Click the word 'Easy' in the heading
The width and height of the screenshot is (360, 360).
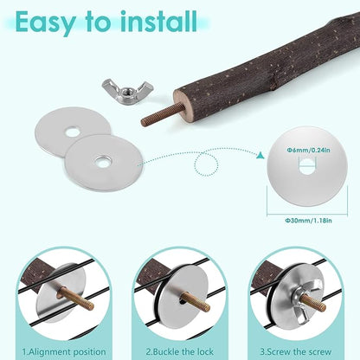tap(46, 22)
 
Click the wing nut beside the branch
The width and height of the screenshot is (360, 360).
tap(127, 91)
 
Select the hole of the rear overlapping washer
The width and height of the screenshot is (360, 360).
tap(72, 132)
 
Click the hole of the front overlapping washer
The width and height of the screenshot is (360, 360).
tap(103, 162)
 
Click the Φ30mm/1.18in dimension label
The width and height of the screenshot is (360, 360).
tap(308, 221)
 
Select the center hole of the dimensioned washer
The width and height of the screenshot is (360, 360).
tap(306, 166)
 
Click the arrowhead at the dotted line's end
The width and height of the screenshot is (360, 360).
tap(261, 155)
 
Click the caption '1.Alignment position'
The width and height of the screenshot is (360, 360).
tap(64, 352)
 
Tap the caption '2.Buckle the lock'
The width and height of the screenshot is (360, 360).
tap(179, 352)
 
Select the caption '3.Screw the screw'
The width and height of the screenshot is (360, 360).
tap(295, 352)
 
